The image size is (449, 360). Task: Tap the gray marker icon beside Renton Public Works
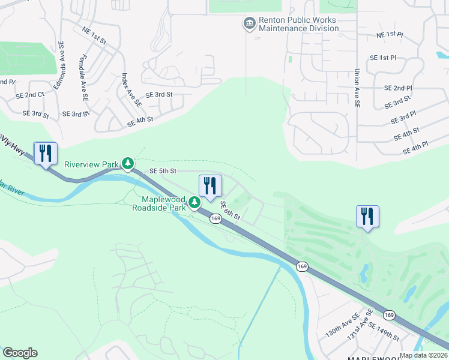click(x=249, y=23)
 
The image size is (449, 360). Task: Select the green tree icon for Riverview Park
click(x=127, y=163)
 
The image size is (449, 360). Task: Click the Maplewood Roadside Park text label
click(x=159, y=203)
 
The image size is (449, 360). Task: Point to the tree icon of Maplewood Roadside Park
click(x=194, y=203)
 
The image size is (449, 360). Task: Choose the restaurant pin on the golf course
click(x=367, y=217)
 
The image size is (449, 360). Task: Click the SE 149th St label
click(x=384, y=332)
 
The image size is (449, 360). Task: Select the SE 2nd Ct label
click(x=30, y=95)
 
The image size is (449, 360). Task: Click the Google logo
click(x=20, y=353)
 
